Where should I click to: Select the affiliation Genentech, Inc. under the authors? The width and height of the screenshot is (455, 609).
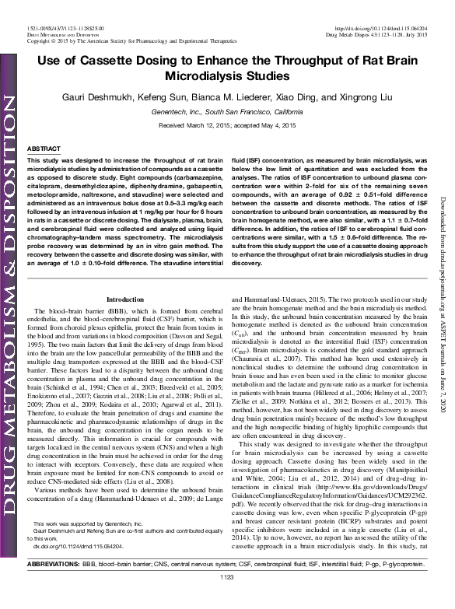(199, 113)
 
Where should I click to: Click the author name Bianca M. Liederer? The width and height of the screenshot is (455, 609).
(234, 100)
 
